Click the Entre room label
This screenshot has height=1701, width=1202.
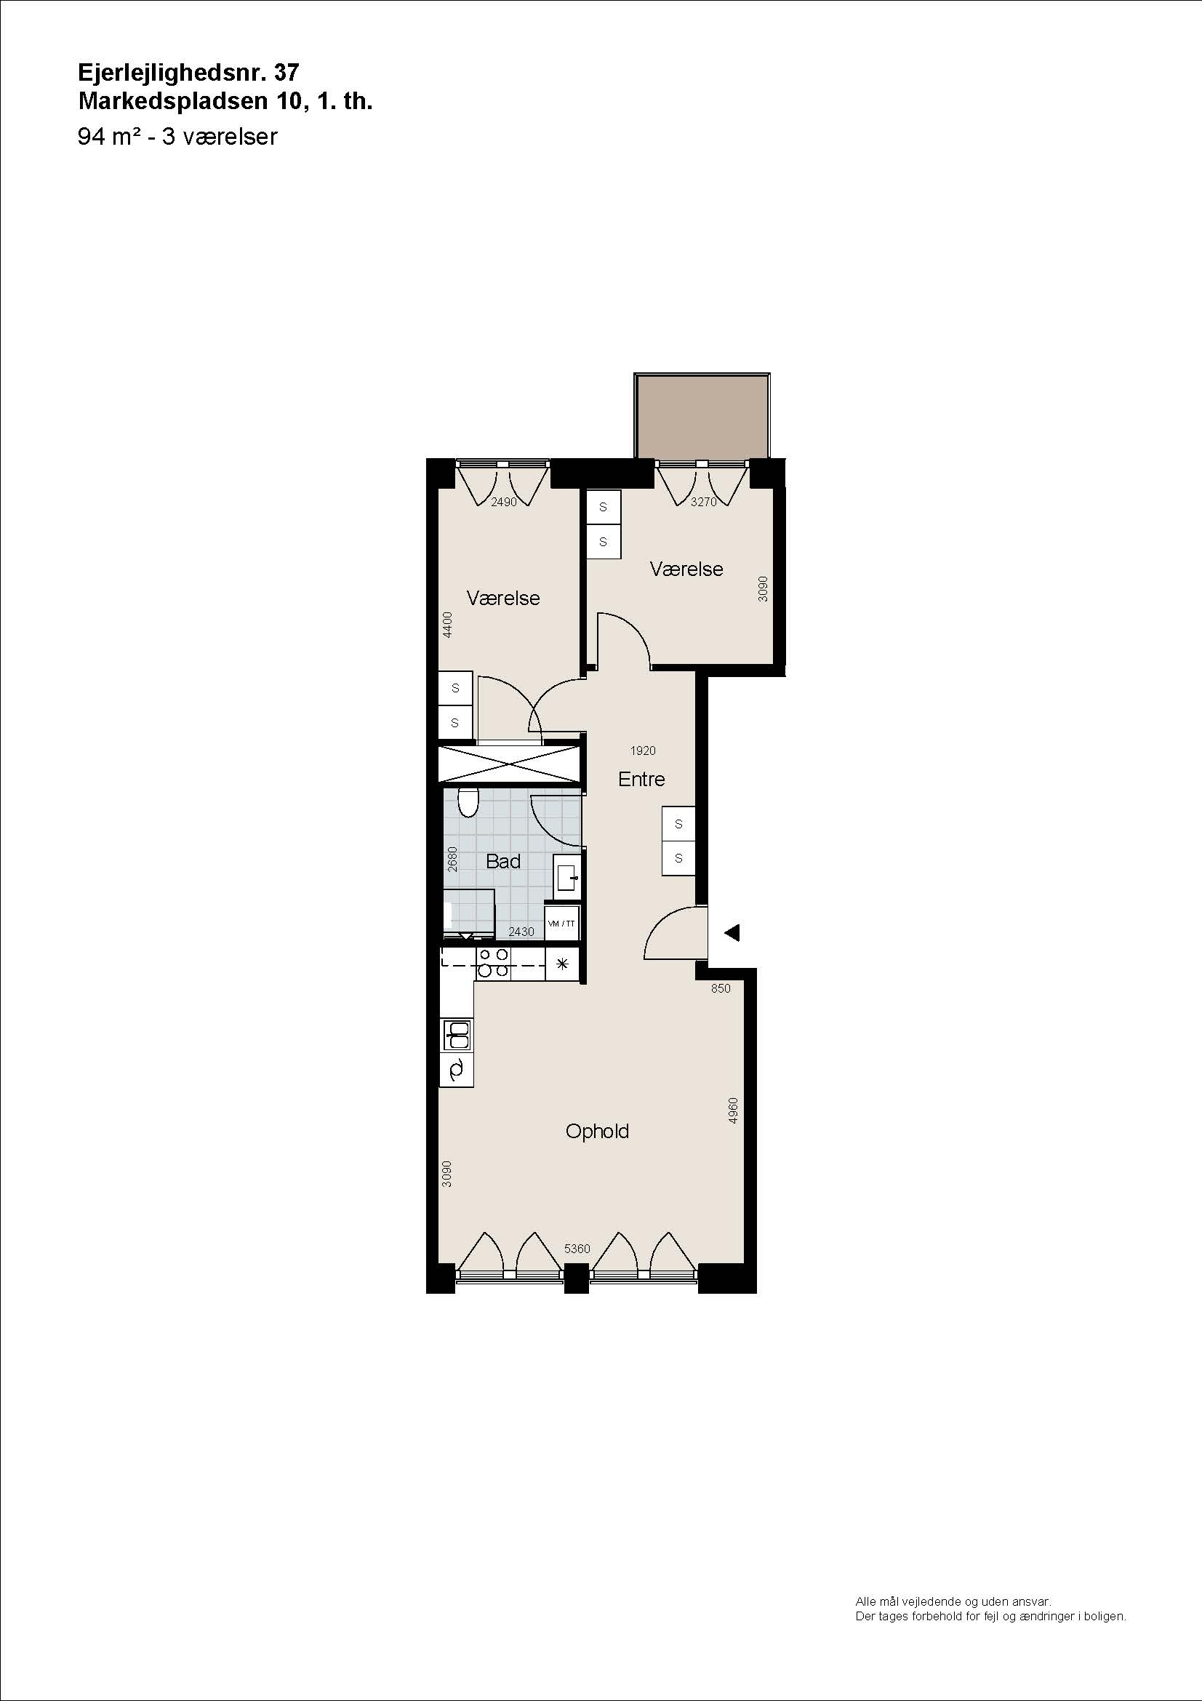tap(641, 779)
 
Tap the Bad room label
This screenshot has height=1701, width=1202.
tap(503, 861)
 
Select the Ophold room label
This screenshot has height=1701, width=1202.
tap(597, 1132)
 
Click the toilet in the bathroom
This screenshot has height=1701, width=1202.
tap(468, 802)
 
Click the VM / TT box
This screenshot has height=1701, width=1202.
tap(561, 924)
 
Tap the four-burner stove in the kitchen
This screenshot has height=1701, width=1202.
tap(493, 963)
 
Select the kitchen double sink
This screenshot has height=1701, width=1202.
tap(456, 1035)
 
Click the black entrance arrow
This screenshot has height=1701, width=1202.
tap(732, 933)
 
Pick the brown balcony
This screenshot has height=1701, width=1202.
tap(702, 416)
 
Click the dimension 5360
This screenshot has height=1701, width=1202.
tap(577, 1249)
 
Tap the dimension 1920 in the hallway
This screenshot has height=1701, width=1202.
tap(643, 751)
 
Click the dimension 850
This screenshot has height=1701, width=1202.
tap(721, 988)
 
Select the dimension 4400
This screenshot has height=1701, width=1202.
tap(446, 625)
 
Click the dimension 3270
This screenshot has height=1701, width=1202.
tap(704, 502)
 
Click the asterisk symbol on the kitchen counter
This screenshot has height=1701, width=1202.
tap(562, 964)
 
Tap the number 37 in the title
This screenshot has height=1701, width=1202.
tap(287, 72)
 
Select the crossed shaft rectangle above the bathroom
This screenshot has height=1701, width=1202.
tap(509, 764)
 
